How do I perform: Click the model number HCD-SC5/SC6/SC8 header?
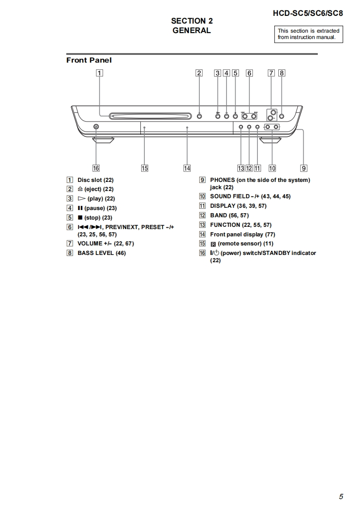pos(307,13)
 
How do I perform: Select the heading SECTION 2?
pos(192,21)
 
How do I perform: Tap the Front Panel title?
pos(89,60)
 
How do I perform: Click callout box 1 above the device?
pos(99,73)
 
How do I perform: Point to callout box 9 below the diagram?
pos(304,168)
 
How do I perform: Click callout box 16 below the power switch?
pos(96,168)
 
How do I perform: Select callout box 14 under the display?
pos(187,168)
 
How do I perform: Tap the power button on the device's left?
pos(96,127)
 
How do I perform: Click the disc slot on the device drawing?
pos(148,116)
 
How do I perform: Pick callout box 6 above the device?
pos(249,73)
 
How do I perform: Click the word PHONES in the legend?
pos(222,180)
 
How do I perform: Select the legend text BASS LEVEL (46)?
pos(102,253)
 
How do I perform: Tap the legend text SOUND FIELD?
pos(230,196)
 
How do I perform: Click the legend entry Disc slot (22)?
pos(95,180)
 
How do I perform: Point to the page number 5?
pos(341,497)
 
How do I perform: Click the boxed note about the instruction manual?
pos(308,34)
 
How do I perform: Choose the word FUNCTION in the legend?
pos(225,225)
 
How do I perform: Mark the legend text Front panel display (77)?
pos(242,235)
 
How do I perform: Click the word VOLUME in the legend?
pos(90,244)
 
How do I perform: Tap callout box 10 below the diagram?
pos(272,168)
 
